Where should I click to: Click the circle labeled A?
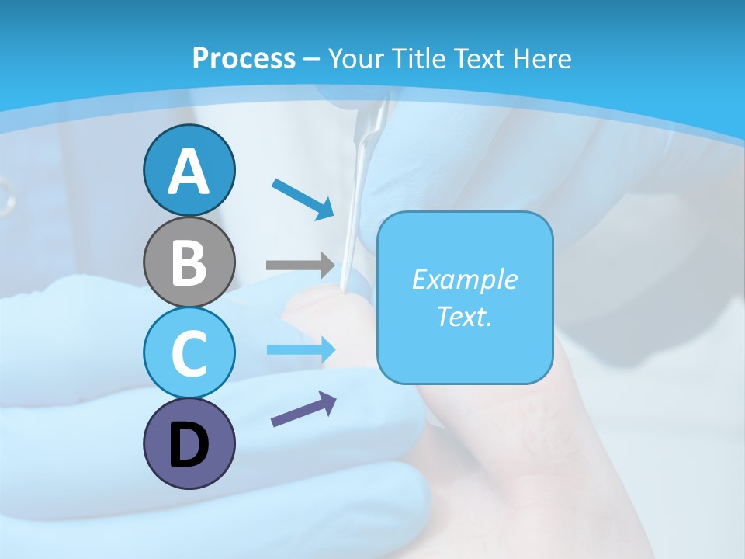pos(189,170)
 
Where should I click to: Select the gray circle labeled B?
pos(189,262)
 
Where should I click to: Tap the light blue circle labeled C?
pos(189,352)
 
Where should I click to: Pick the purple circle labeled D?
pos(189,444)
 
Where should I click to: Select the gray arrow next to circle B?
pos(300,266)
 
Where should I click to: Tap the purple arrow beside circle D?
pos(303,409)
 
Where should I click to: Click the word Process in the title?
pos(244,58)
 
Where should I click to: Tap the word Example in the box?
pos(464,279)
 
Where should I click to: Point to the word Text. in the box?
pos(464,316)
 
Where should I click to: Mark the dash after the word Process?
pos(312,60)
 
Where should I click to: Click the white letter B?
pos(189,262)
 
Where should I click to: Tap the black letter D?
pos(189,445)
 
